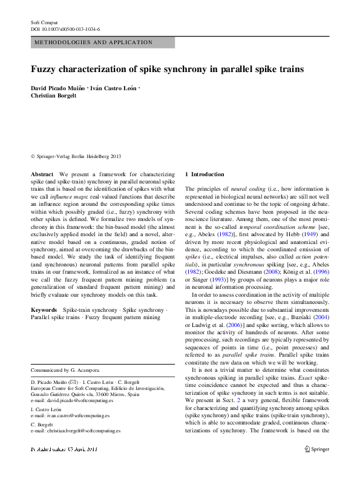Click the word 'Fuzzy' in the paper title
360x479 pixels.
tap(47, 70)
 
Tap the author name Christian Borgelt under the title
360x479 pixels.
tap(54, 96)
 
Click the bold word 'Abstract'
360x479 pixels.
tap(42, 174)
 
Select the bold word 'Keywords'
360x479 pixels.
tap(44, 309)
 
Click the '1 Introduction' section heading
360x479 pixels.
tap(205, 174)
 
